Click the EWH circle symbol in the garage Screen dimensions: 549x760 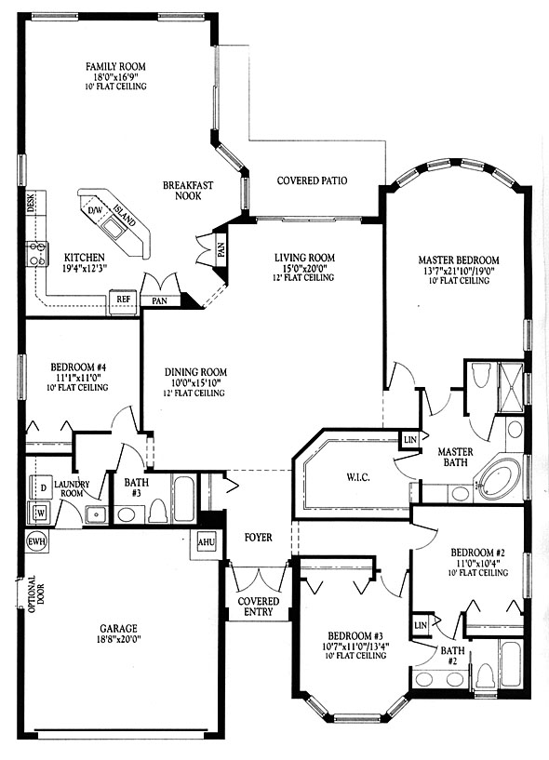(x=37, y=542)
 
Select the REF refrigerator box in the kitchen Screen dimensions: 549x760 (x=123, y=300)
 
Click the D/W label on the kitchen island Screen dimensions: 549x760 (x=94, y=211)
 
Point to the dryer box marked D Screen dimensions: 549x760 (x=43, y=488)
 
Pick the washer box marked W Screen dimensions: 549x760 (x=40, y=513)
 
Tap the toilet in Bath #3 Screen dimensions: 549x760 (x=157, y=509)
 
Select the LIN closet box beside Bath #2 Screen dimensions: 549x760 (x=421, y=625)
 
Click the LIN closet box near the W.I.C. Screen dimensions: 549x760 (x=410, y=440)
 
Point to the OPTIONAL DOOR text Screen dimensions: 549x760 (x=35, y=594)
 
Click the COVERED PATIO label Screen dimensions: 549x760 (x=312, y=180)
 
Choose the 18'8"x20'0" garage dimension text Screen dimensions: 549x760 (x=118, y=639)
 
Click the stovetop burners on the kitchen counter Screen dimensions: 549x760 (x=37, y=254)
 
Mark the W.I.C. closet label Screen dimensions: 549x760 (x=358, y=477)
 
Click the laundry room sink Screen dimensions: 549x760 (x=97, y=513)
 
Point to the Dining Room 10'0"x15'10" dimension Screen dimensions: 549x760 (x=195, y=382)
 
